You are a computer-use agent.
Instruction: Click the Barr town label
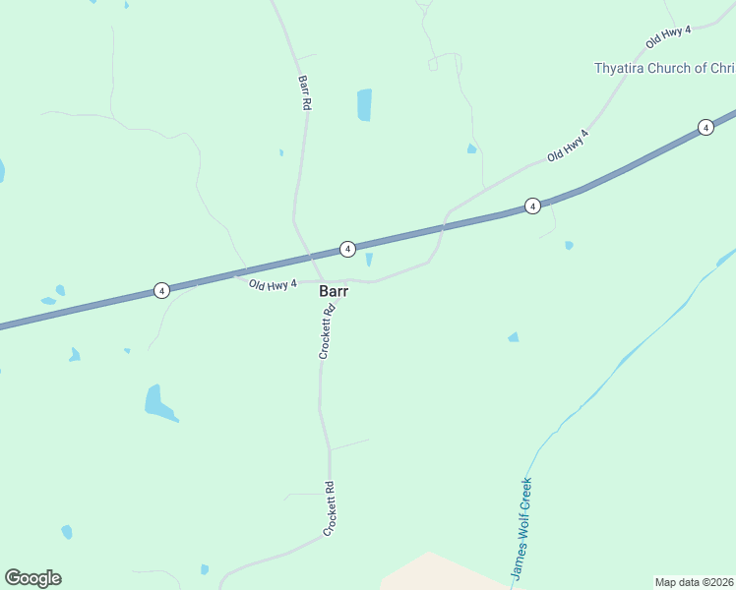(x=334, y=291)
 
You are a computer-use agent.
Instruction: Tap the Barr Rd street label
(x=304, y=91)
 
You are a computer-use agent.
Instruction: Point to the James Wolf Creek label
(x=521, y=528)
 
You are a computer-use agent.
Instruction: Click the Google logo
(x=32, y=578)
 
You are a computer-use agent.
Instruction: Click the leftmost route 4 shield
(x=161, y=290)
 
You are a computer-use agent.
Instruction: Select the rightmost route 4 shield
(x=705, y=127)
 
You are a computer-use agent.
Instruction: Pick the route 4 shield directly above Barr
(x=347, y=250)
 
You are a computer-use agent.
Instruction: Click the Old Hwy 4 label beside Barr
(x=273, y=285)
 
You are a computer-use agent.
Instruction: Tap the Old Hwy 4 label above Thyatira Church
(x=669, y=38)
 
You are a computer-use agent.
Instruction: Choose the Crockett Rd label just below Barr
(x=327, y=331)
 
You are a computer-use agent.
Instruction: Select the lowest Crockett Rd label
(x=330, y=507)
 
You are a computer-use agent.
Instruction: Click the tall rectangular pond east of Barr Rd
(x=364, y=104)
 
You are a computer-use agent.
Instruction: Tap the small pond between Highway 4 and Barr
(x=369, y=260)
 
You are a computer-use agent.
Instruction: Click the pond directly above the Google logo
(x=67, y=532)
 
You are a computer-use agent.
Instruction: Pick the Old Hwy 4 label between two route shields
(x=568, y=146)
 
